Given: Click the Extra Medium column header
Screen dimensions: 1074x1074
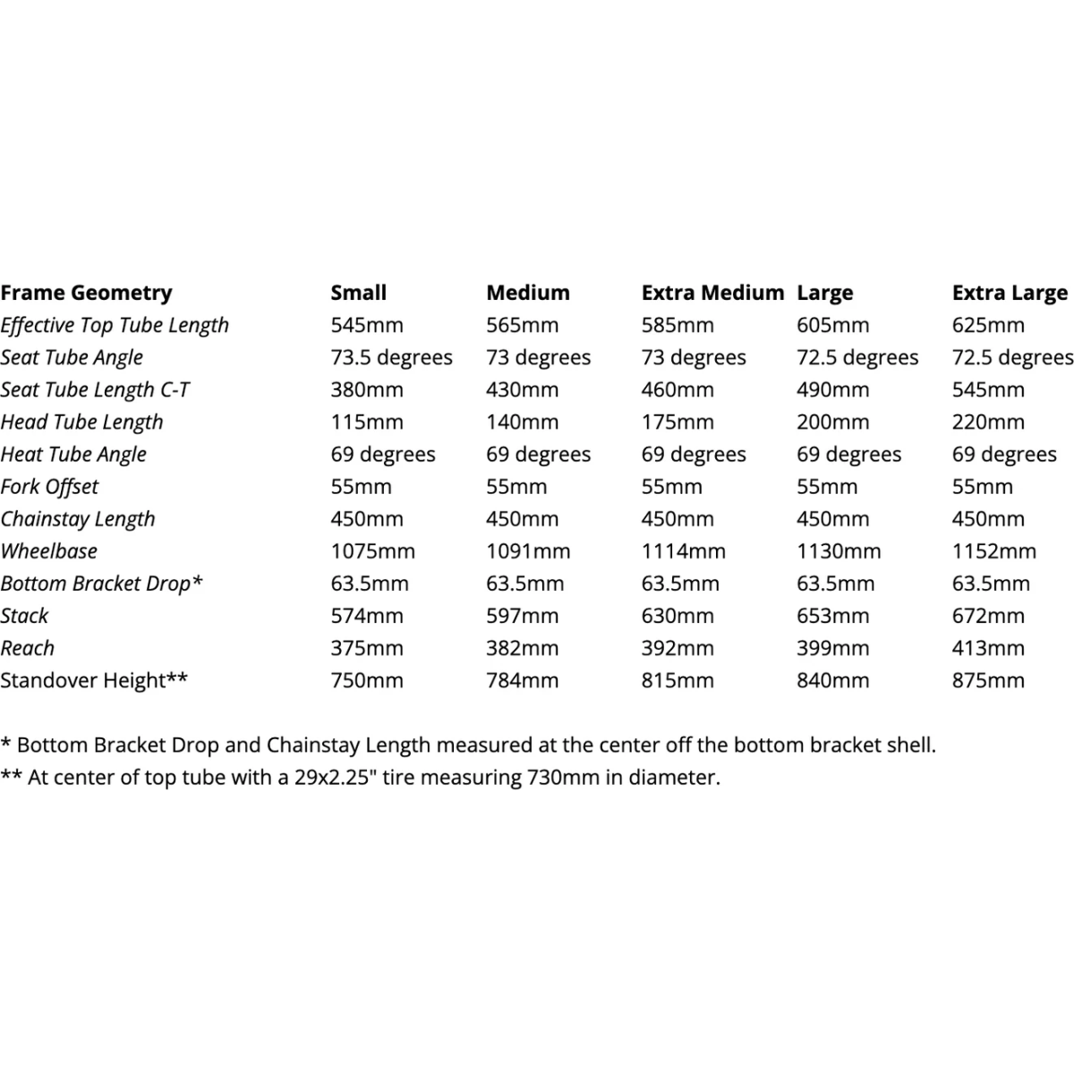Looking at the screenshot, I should pos(712,293).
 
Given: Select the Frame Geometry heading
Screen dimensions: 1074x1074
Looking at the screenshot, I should pos(86,293).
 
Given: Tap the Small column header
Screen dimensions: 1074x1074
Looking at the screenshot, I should pos(358,293).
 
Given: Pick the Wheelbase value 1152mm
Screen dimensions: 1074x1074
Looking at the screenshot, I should pos(993,551).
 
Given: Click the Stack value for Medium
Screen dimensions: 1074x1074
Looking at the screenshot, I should pos(522,616).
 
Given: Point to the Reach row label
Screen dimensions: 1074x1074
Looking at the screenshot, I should pos(28,648).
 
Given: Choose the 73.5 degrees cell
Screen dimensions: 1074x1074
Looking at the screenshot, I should pos(391,357).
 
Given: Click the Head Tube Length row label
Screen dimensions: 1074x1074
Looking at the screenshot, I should pos(81,422).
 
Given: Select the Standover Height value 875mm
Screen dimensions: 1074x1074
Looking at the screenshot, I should pos(988,680).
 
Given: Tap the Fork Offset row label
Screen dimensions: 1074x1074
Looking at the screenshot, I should pos(49,487).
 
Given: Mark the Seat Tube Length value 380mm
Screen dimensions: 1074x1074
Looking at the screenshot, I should pos(367,389).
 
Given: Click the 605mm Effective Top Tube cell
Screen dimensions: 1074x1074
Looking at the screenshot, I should pos(832,325).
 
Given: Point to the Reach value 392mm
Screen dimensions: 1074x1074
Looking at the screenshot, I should pos(678,648).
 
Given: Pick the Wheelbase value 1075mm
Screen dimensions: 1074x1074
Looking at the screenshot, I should pos(372,551).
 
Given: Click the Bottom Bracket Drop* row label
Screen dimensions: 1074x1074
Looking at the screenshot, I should pos(102,584).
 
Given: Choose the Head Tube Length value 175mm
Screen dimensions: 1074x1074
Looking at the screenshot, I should pos(678,422).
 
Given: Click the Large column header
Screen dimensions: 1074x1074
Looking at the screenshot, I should pos(824,293).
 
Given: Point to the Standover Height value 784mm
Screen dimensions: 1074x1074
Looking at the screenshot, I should pos(522,680).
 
